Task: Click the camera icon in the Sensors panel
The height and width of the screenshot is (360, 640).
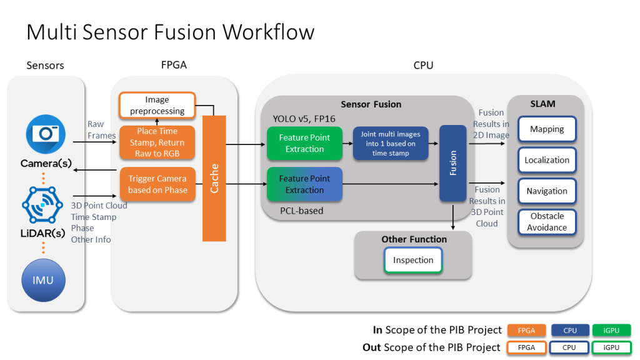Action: pyautogui.click(x=46, y=133)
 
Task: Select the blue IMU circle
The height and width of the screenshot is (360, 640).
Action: pyautogui.click(x=44, y=280)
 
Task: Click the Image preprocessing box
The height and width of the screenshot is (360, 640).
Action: pyautogui.click(x=157, y=105)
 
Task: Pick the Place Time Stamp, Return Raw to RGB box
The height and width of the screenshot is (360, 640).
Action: pyautogui.click(x=157, y=142)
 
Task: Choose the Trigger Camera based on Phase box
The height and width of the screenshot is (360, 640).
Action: pyautogui.click(x=157, y=184)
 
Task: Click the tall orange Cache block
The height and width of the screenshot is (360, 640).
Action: pyautogui.click(x=214, y=178)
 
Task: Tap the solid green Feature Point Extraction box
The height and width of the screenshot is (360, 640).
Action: pyautogui.click(x=304, y=143)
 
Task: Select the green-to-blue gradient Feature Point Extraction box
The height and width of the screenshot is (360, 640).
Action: pyautogui.click(x=304, y=184)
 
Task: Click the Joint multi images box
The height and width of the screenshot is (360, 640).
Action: pyautogui.click(x=391, y=143)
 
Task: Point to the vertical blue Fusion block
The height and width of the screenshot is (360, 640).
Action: pyautogui.click(x=453, y=162)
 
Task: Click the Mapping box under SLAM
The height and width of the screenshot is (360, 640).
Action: pyautogui.click(x=547, y=129)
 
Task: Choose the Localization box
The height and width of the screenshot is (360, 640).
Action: pyautogui.click(x=547, y=160)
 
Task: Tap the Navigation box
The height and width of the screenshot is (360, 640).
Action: pyautogui.click(x=547, y=191)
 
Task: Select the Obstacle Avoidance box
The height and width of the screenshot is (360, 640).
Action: pyautogui.click(x=547, y=222)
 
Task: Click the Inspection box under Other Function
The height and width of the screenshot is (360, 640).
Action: pyautogui.click(x=413, y=260)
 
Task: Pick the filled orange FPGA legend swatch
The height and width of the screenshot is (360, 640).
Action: pyautogui.click(x=527, y=330)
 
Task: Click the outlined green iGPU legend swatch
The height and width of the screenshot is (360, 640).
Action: pyautogui.click(x=612, y=347)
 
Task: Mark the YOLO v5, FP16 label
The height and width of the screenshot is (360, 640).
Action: pyautogui.click(x=303, y=119)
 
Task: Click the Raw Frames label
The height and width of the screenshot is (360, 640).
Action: pyautogui.click(x=101, y=130)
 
